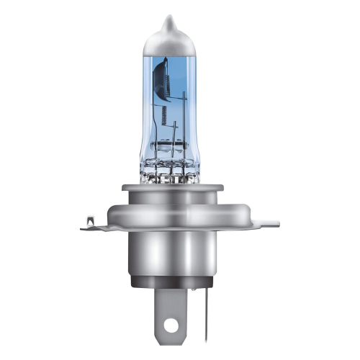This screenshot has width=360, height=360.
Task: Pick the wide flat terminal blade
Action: [x=171, y=317]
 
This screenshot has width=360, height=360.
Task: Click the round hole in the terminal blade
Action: [x=171, y=325]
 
